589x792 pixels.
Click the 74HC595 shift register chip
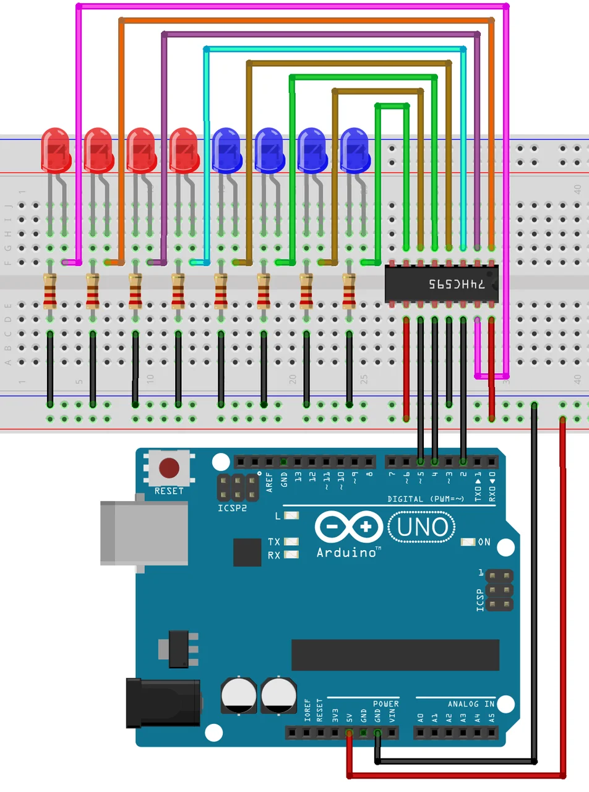pyautogui.click(x=442, y=284)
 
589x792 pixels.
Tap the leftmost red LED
pyautogui.click(x=56, y=149)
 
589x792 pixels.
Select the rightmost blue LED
pyautogui.click(x=355, y=149)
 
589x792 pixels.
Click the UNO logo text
pyautogui.click(x=423, y=527)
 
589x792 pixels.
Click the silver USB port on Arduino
pyautogui.click(x=144, y=533)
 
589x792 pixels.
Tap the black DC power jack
pyautogui.click(x=163, y=703)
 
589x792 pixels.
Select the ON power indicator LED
pyautogui.click(x=468, y=542)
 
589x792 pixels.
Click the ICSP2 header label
pyautogui.click(x=232, y=508)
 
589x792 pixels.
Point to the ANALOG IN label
pyautogui.click(x=471, y=704)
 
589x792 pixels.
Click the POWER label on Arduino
pyautogui.click(x=385, y=704)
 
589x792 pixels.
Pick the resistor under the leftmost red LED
pyautogui.click(x=50, y=291)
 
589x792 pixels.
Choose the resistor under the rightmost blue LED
pyautogui.click(x=349, y=291)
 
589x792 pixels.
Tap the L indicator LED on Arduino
pyautogui.click(x=291, y=515)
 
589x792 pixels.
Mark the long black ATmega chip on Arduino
pyautogui.click(x=395, y=655)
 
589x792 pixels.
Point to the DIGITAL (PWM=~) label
pyautogui.click(x=426, y=499)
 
